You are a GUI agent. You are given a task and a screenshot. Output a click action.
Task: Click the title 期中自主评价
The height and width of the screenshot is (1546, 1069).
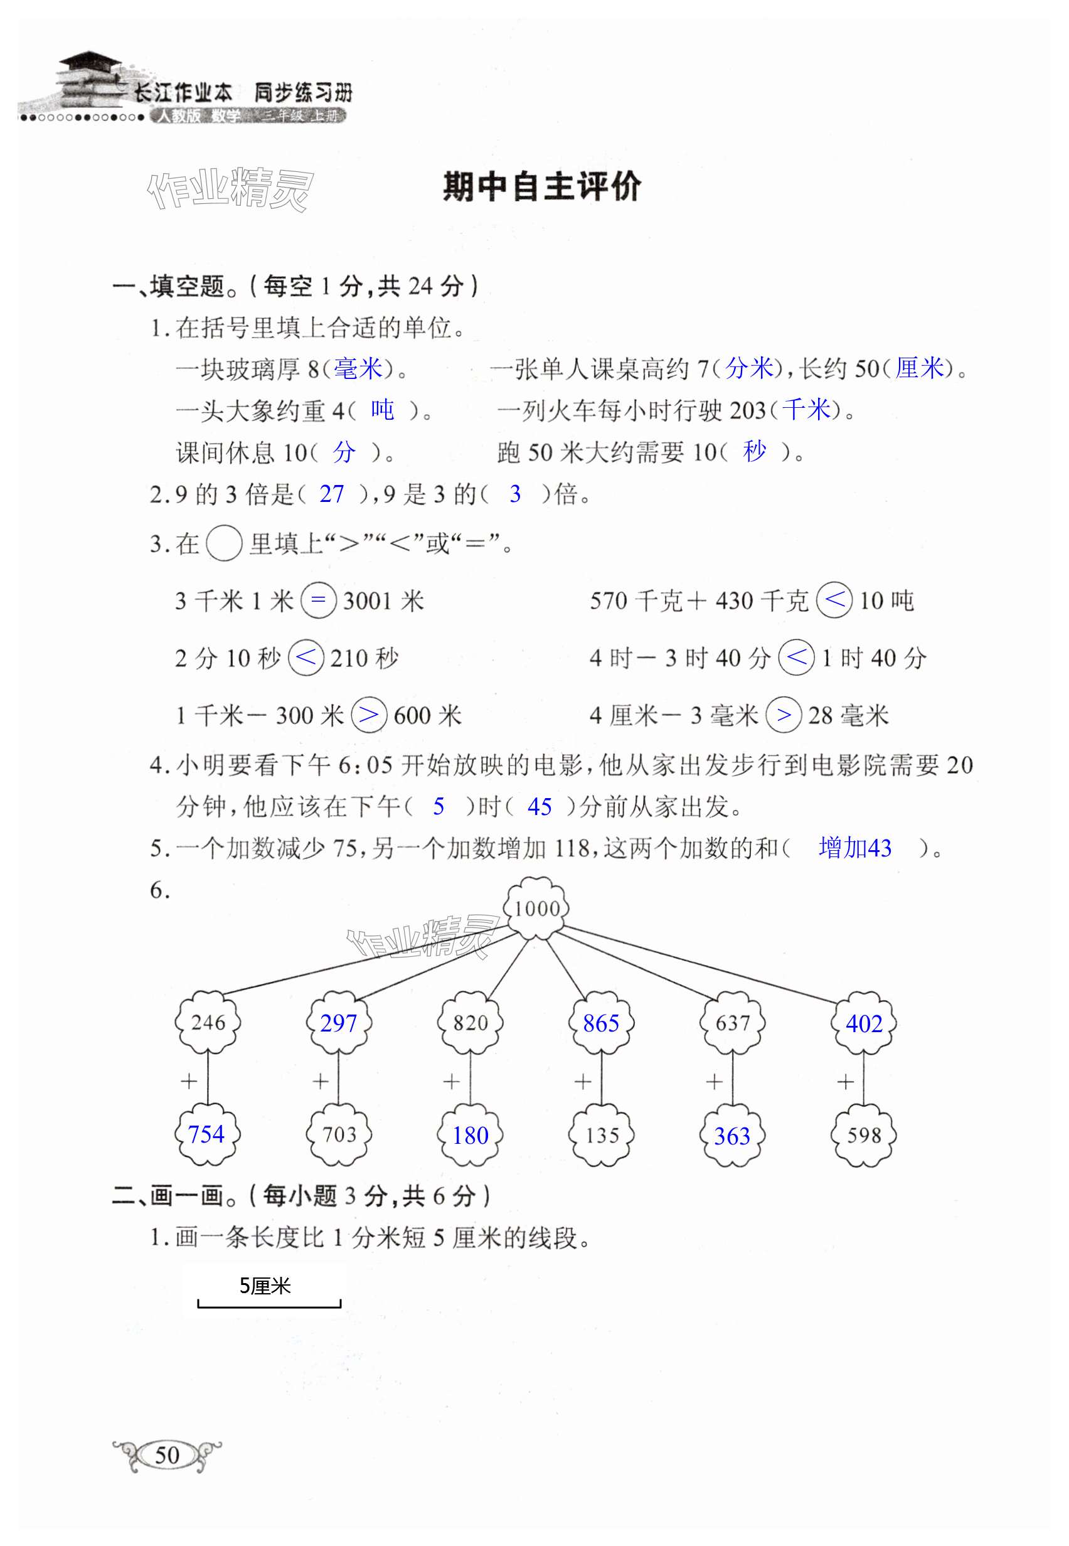[541, 187]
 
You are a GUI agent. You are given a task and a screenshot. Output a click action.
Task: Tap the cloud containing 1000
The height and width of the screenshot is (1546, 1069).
[536, 909]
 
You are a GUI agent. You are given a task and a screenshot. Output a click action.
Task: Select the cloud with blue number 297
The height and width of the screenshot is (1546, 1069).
[338, 1023]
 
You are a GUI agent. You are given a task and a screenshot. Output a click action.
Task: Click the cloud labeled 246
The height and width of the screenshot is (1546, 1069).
[208, 1023]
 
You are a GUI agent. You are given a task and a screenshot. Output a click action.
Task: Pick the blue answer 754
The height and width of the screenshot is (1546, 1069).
[206, 1134]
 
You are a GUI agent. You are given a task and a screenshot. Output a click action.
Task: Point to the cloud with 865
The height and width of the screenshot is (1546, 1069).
[601, 1023]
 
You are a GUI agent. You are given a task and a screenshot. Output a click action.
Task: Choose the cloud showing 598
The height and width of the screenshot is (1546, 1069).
[863, 1134]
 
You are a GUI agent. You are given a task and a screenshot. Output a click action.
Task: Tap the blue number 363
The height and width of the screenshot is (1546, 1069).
[732, 1136]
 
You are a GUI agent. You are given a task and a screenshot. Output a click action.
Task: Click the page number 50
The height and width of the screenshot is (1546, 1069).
[167, 1454]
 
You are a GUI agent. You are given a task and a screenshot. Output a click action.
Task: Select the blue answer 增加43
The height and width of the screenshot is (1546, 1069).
[854, 848]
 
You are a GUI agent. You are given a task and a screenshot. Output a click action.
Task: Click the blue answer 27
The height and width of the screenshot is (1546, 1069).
[331, 494]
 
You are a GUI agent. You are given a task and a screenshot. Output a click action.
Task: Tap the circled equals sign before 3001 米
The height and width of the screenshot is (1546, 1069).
[318, 600]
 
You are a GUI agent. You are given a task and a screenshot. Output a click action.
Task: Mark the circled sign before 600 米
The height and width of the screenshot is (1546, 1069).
[369, 715]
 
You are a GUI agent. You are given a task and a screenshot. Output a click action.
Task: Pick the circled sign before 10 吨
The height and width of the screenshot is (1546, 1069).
[834, 600]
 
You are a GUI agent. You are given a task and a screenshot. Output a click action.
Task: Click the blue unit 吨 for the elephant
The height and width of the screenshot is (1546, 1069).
[383, 409]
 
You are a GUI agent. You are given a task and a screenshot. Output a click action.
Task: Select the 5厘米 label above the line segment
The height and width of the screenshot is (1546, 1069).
[265, 1286]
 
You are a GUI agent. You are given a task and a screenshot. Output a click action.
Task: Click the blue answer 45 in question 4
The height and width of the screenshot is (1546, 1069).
[539, 806]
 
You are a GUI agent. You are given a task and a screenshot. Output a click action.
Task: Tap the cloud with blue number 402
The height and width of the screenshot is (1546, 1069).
[863, 1023]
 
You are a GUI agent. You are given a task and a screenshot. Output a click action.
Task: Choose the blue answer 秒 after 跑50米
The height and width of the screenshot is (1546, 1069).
[755, 452]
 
